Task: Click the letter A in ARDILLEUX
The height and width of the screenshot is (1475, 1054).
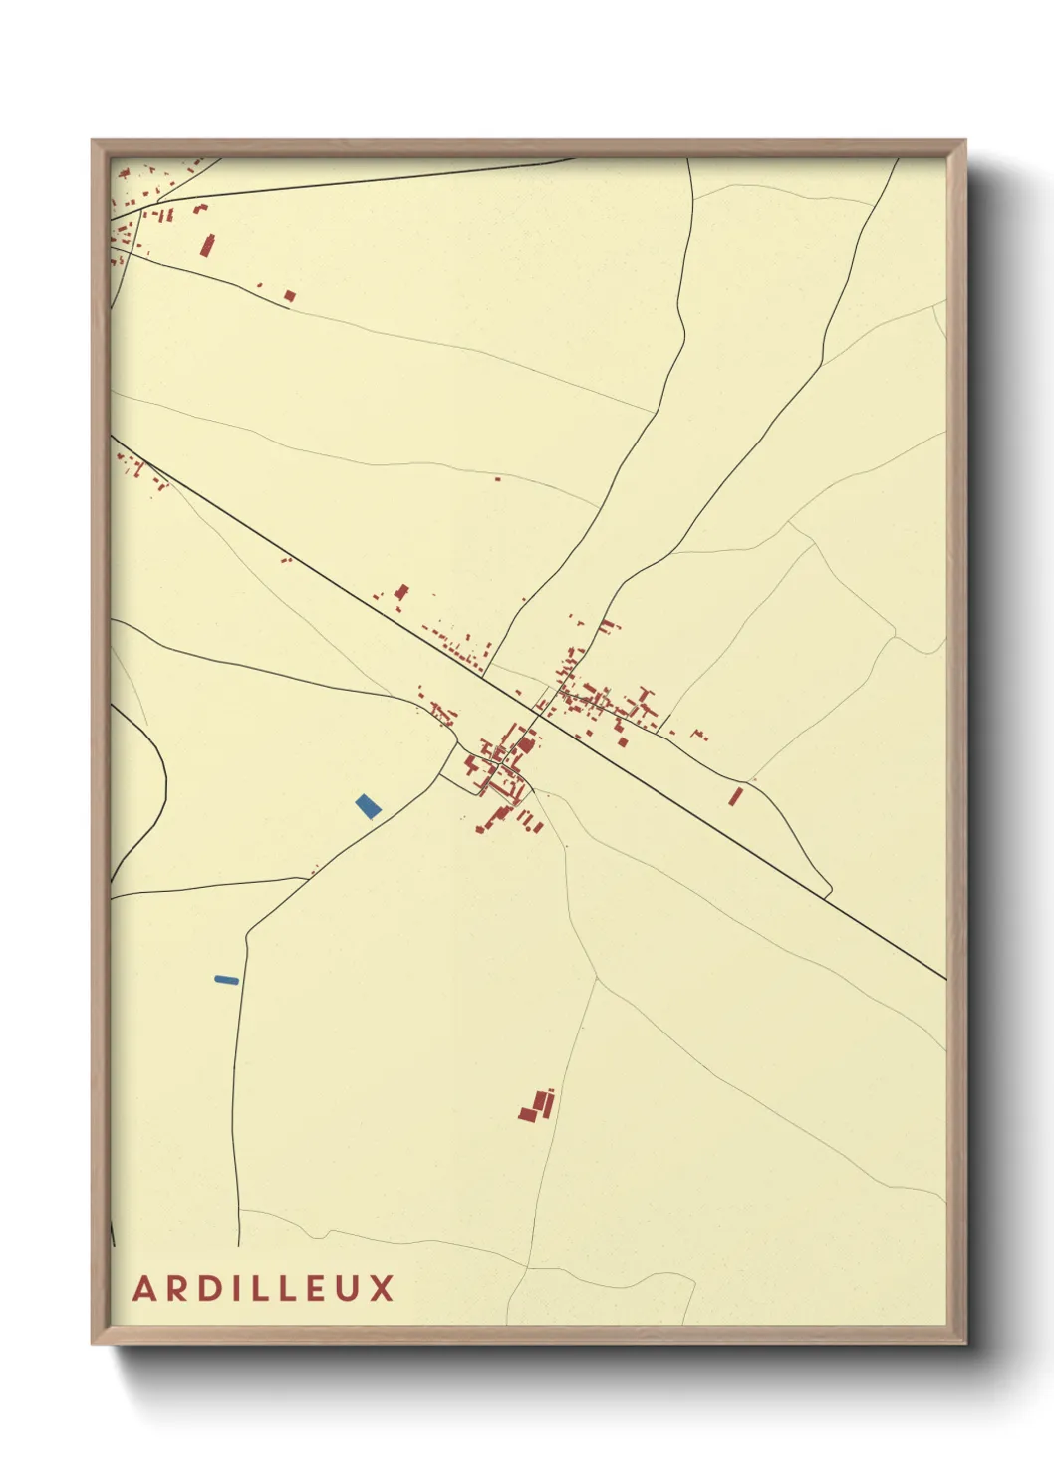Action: click(145, 1288)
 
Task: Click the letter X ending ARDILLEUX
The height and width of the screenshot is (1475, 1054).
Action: click(383, 1288)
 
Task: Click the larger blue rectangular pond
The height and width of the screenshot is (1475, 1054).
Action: click(369, 806)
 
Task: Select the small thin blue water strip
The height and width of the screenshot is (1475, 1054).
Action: click(226, 980)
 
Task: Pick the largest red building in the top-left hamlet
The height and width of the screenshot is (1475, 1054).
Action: click(208, 245)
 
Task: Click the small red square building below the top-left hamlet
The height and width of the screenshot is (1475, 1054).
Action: click(290, 295)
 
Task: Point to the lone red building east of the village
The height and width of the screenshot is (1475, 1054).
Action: click(736, 796)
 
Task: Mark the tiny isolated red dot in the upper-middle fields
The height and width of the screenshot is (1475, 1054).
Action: click(498, 479)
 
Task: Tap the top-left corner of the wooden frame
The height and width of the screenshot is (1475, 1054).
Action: click(93, 141)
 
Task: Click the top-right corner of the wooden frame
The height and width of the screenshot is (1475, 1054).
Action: click(965, 141)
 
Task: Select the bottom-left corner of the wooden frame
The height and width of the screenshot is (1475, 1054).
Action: click(93, 1344)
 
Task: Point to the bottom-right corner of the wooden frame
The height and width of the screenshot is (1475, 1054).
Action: click(965, 1344)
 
